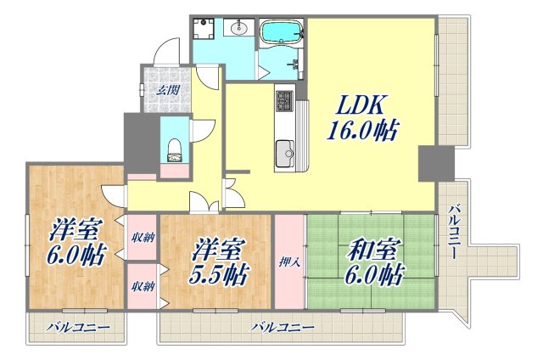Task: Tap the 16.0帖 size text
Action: (363, 132)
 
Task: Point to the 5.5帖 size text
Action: (218, 274)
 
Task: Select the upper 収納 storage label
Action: (143, 236)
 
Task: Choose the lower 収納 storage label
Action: (143, 286)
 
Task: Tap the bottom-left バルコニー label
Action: (77, 327)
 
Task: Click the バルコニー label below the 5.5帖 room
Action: (283, 327)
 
